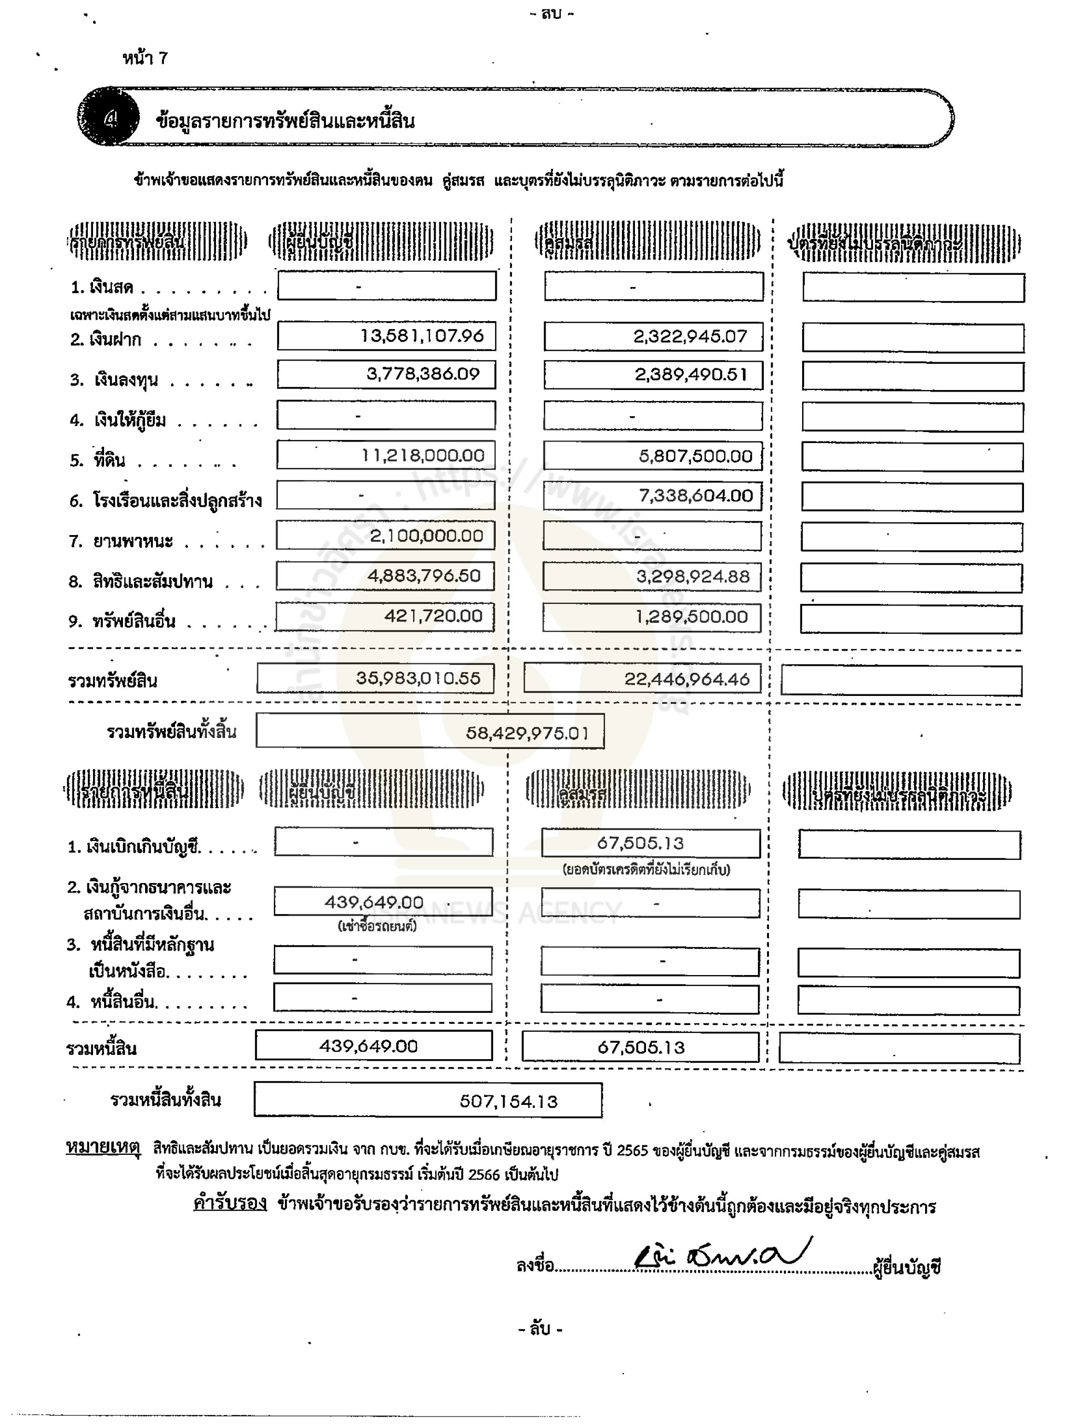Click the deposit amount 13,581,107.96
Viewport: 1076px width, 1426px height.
[422, 336]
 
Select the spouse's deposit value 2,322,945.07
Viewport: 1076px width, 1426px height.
[690, 336]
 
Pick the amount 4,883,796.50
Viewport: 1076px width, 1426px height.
[424, 576]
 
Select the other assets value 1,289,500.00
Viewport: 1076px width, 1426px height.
[691, 617]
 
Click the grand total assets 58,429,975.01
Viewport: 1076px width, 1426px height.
[527, 733]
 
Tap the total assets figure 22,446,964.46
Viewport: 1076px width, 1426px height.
[686, 679]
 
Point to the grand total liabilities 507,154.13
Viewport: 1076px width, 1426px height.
[508, 1101]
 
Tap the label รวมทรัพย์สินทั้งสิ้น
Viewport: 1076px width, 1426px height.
[171, 732]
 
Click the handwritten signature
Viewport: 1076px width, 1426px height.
[722, 1255]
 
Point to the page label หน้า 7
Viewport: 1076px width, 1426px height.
[145, 59]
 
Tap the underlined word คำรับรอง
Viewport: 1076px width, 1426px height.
[230, 1203]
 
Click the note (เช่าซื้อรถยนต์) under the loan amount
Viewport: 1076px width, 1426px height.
[376, 926]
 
